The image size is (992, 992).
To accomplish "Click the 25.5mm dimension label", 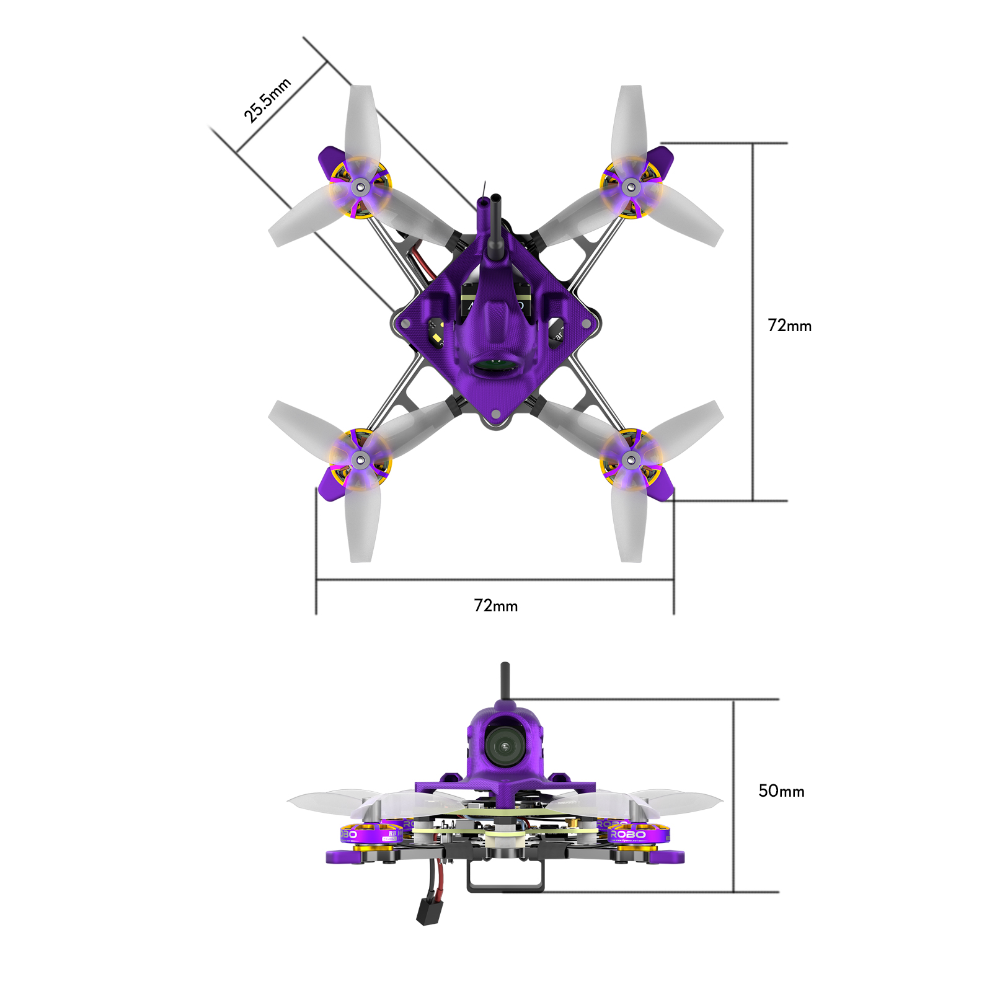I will (267, 100).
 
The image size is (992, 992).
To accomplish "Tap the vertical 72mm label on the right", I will (789, 325).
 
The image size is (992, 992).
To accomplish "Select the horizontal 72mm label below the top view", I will (495, 606).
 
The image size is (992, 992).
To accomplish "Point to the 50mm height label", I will (781, 791).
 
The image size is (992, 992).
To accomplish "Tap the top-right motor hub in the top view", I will (631, 186).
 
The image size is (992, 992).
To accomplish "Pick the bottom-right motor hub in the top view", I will (631, 460).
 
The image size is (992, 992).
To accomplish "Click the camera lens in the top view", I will (496, 366).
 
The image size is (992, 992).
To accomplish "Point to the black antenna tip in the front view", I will (505, 666).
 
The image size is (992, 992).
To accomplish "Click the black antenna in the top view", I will (496, 229).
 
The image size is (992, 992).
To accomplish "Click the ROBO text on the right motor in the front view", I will (628, 835).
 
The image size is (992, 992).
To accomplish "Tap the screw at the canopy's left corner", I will (405, 324).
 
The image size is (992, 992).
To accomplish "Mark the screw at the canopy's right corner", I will (586, 324).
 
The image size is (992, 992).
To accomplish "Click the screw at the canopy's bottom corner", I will (496, 414).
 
